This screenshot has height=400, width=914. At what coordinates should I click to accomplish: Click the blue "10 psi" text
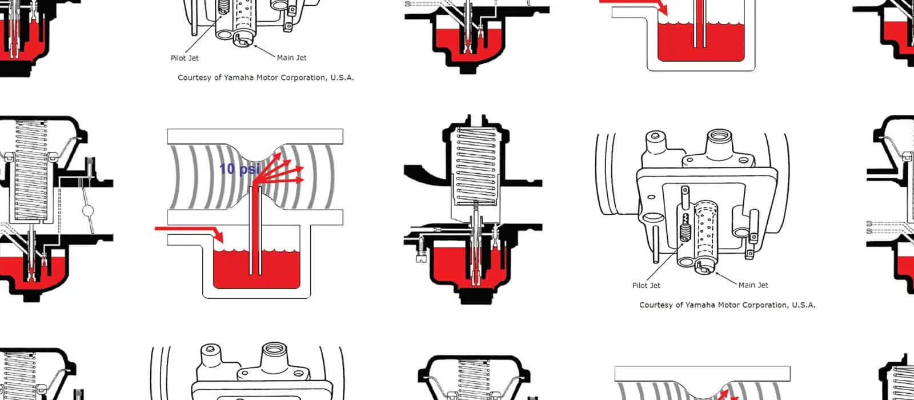click(239, 169)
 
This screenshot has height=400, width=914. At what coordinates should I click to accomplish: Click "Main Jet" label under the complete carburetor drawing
click(753, 285)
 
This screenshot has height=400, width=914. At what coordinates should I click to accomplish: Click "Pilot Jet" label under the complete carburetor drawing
click(646, 285)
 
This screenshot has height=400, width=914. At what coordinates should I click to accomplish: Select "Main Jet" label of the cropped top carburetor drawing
click(291, 57)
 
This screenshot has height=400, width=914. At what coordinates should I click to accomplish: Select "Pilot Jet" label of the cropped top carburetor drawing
click(185, 58)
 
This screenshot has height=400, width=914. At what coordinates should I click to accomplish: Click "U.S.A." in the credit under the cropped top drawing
click(342, 77)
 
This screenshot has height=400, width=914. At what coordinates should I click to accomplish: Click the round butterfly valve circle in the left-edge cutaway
click(88, 211)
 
